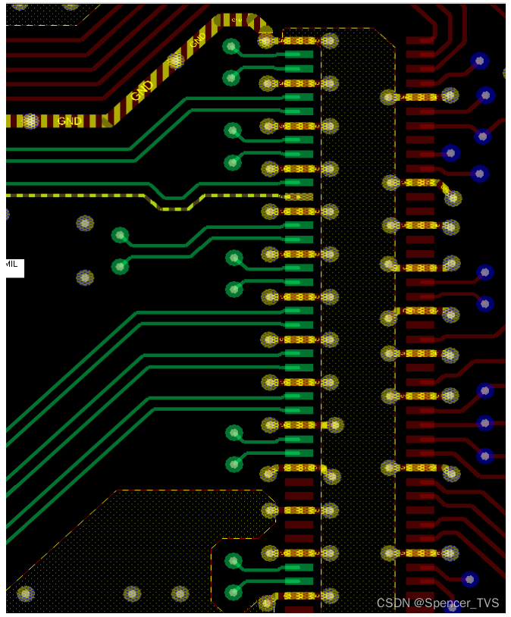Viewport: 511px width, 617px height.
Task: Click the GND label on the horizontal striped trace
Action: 70,121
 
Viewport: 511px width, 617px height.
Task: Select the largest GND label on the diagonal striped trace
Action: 140,92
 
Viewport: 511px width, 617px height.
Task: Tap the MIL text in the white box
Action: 12,264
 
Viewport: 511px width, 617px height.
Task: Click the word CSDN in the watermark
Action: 393,603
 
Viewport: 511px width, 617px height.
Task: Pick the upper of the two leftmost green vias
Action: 120,235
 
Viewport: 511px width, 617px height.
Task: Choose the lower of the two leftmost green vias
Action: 120,266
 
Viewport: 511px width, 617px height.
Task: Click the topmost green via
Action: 231,47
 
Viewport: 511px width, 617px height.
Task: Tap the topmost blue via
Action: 479,60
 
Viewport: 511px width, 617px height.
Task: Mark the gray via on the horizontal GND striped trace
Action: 30,121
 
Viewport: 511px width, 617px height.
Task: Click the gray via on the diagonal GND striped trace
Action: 175,59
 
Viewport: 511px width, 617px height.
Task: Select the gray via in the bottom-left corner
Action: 26,594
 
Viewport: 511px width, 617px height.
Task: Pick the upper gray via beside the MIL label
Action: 85,223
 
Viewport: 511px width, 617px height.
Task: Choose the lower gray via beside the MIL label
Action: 85,277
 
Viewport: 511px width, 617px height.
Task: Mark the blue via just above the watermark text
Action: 469,579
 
